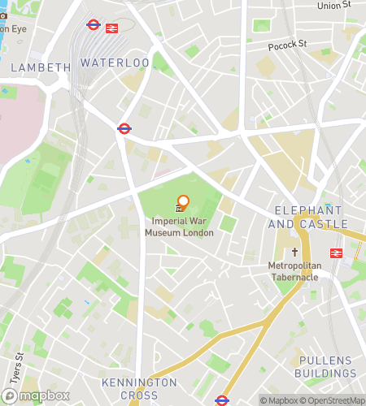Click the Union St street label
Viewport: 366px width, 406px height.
point(333,5)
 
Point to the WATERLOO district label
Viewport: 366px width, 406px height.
point(115,63)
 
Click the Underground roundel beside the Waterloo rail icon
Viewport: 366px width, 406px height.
point(94,26)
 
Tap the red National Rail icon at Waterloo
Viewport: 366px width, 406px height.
point(112,26)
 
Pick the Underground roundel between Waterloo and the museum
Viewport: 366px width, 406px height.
point(124,127)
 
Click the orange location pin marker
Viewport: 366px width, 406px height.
point(183,201)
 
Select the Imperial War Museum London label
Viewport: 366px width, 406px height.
point(179,227)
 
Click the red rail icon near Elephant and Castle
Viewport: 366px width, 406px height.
point(335,253)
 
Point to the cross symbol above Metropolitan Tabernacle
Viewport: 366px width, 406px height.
point(296,252)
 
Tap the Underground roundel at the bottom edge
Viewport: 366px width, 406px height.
point(221,400)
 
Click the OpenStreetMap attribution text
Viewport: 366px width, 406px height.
point(335,400)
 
